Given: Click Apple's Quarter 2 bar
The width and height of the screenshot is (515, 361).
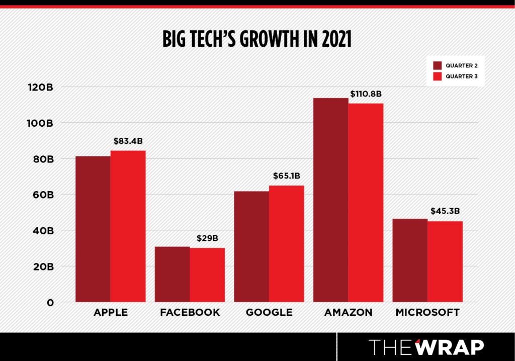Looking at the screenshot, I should tap(93, 229).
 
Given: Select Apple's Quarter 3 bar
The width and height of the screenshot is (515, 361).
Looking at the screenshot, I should tap(128, 226).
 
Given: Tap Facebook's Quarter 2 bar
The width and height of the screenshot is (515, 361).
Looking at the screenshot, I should tap(172, 274).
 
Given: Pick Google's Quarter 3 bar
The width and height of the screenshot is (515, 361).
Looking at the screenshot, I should tap(286, 244).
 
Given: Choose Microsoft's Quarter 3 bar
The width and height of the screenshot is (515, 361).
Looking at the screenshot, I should tap(445, 261).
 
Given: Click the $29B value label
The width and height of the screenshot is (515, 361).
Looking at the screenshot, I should tap(208, 238).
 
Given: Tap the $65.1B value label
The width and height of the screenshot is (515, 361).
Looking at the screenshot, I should tap(286, 176).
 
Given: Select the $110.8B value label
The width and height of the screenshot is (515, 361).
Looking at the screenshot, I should tap(366, 94).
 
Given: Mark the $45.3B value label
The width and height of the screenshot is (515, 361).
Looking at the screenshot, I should tap(445, 212).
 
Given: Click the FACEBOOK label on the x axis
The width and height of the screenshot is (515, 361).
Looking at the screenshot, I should tap(190, 312).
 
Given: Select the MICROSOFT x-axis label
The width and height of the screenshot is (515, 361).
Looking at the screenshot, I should tap(427, 312).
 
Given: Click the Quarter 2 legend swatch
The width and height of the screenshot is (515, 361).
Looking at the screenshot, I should tap(437, 65).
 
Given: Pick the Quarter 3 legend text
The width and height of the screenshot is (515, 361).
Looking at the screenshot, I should tap(461, 77).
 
